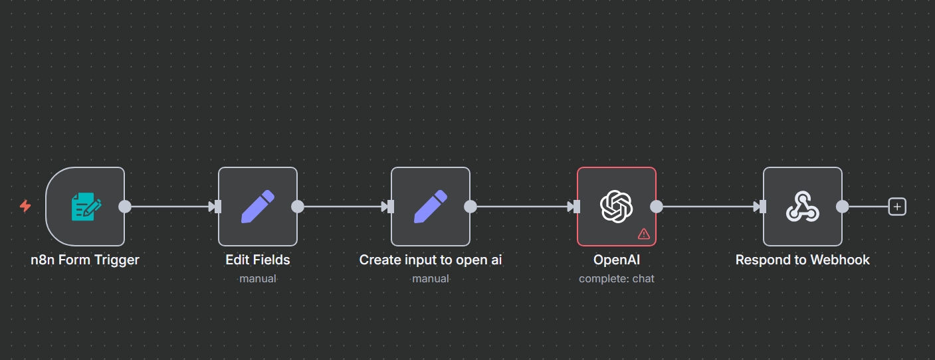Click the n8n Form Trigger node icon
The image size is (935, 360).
point(86,207)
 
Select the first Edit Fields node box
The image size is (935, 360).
point(258,207)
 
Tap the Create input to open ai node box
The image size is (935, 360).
point(431,207)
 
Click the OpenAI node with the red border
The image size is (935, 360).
point(617,207)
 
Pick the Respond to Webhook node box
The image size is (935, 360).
point(803,207)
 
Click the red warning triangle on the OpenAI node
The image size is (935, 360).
point(643,233)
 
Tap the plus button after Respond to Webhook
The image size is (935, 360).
point(897,207)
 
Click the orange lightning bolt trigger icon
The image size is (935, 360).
point(25,207)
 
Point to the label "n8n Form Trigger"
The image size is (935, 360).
point(85,260)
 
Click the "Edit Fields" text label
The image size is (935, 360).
point(258,260)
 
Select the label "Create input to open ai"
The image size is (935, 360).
point(431,260)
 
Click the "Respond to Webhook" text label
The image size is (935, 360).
point(803,260)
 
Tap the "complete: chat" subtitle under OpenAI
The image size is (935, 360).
point(617,278)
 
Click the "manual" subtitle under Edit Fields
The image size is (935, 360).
point(258,278)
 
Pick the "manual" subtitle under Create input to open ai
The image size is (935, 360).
point(431,278)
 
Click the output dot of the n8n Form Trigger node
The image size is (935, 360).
point(125,207)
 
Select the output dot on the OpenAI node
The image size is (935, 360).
point(657,207)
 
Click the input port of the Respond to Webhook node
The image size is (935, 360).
point(762,207)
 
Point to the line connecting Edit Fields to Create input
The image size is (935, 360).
point(342,207)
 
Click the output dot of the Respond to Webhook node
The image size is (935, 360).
point(843,207)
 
